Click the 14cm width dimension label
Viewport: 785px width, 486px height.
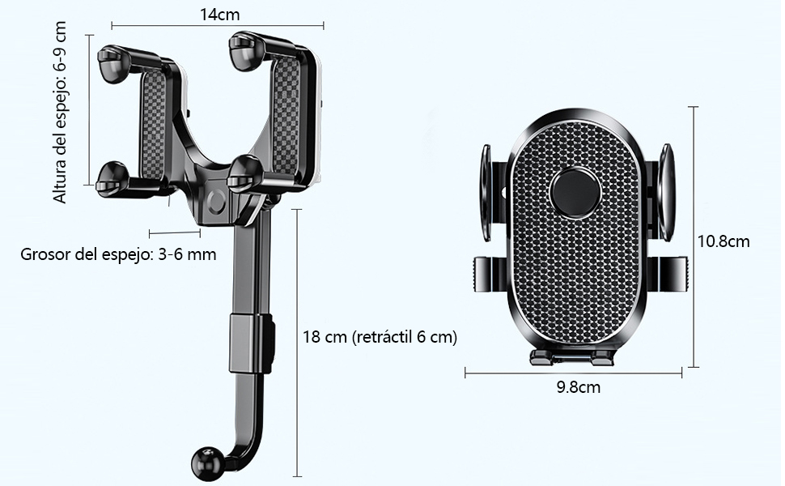220,15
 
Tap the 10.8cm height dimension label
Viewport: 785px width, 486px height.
723,241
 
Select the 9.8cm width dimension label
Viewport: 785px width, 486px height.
579,387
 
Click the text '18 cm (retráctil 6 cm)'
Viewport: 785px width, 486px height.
380,337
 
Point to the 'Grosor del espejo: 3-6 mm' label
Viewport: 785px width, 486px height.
118,254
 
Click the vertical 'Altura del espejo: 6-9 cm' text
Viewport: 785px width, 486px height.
60,113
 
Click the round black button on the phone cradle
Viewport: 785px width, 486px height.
575,193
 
